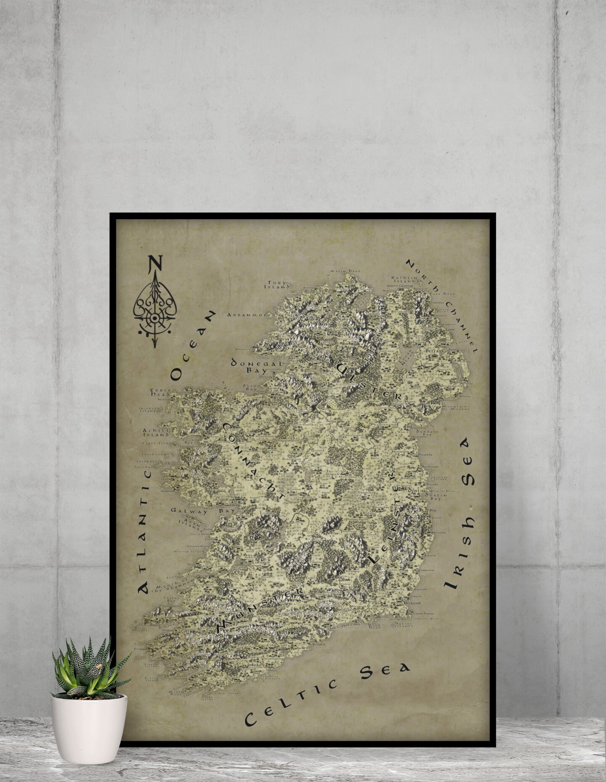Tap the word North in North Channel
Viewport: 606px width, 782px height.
click(423, 274)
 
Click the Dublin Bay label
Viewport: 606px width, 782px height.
click(434, 496)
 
